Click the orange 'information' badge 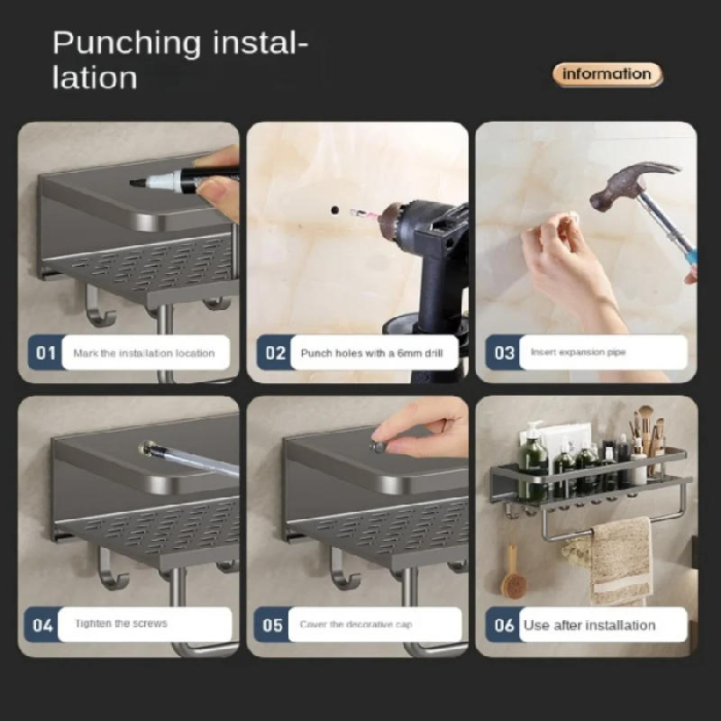click(607, 75)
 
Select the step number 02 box click(274, 352)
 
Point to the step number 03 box click(504, 352)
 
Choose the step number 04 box click(43, 624)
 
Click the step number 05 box click(273, 624)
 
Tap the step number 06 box click(504, 624)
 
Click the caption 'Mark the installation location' click(143, 353)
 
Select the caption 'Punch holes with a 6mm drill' click(371, 353)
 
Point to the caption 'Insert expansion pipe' click(578, 352)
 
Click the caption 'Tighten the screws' click(121, 624)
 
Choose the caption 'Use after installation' click(589, 625)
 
